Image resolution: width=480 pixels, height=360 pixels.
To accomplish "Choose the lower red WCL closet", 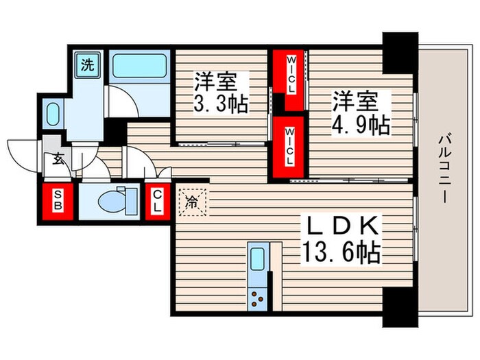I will pos(289,146).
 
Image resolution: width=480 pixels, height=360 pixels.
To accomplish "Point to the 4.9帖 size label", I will pos(361,125).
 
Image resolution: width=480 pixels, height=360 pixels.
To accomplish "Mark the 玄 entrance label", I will pos(58,160).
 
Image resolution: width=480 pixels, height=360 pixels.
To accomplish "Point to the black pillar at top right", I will pos(400,51).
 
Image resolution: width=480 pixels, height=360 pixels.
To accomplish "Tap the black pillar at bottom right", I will pos(400,302).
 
